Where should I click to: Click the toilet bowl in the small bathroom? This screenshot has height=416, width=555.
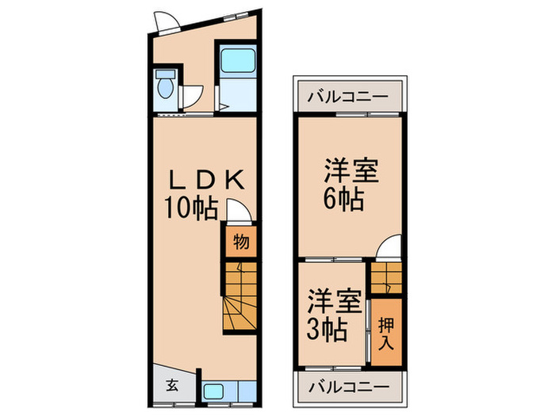click(166, 86)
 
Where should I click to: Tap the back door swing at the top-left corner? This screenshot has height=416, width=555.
click(167, 22)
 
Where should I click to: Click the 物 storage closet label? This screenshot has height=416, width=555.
click(241, 242)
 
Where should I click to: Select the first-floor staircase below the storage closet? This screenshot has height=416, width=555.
click(239, 297)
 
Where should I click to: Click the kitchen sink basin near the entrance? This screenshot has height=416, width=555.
click(215, 391)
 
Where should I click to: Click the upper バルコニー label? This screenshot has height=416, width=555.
click(350, 97)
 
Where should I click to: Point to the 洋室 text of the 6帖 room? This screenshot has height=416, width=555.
click(350, 171)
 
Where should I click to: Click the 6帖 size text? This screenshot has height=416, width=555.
click(344, 198)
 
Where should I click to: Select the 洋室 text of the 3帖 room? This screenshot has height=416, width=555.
click(335, 301)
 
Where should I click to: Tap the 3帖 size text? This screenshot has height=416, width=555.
click(327, 328)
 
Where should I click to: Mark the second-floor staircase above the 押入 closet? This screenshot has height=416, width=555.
click(388, 277)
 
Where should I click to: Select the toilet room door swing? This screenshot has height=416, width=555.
click(193, 97)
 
